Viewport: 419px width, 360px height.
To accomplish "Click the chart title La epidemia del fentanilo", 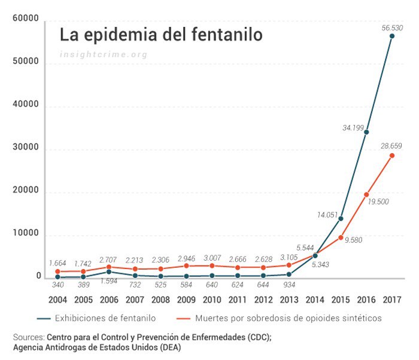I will [160, 35].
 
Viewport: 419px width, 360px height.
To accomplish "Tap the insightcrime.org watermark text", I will [104, 54].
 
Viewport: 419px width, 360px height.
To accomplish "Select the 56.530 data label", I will [393, 28].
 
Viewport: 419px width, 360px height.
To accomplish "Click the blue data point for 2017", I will [392, 36].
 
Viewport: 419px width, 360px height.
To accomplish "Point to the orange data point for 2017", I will [392, 155].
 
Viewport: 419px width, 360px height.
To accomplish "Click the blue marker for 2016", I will [366, 132].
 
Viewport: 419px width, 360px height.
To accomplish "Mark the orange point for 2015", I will [341, 237].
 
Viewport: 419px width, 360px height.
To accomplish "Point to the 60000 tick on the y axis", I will [26, 20].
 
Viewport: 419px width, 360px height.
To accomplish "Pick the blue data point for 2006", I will [109, 271].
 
